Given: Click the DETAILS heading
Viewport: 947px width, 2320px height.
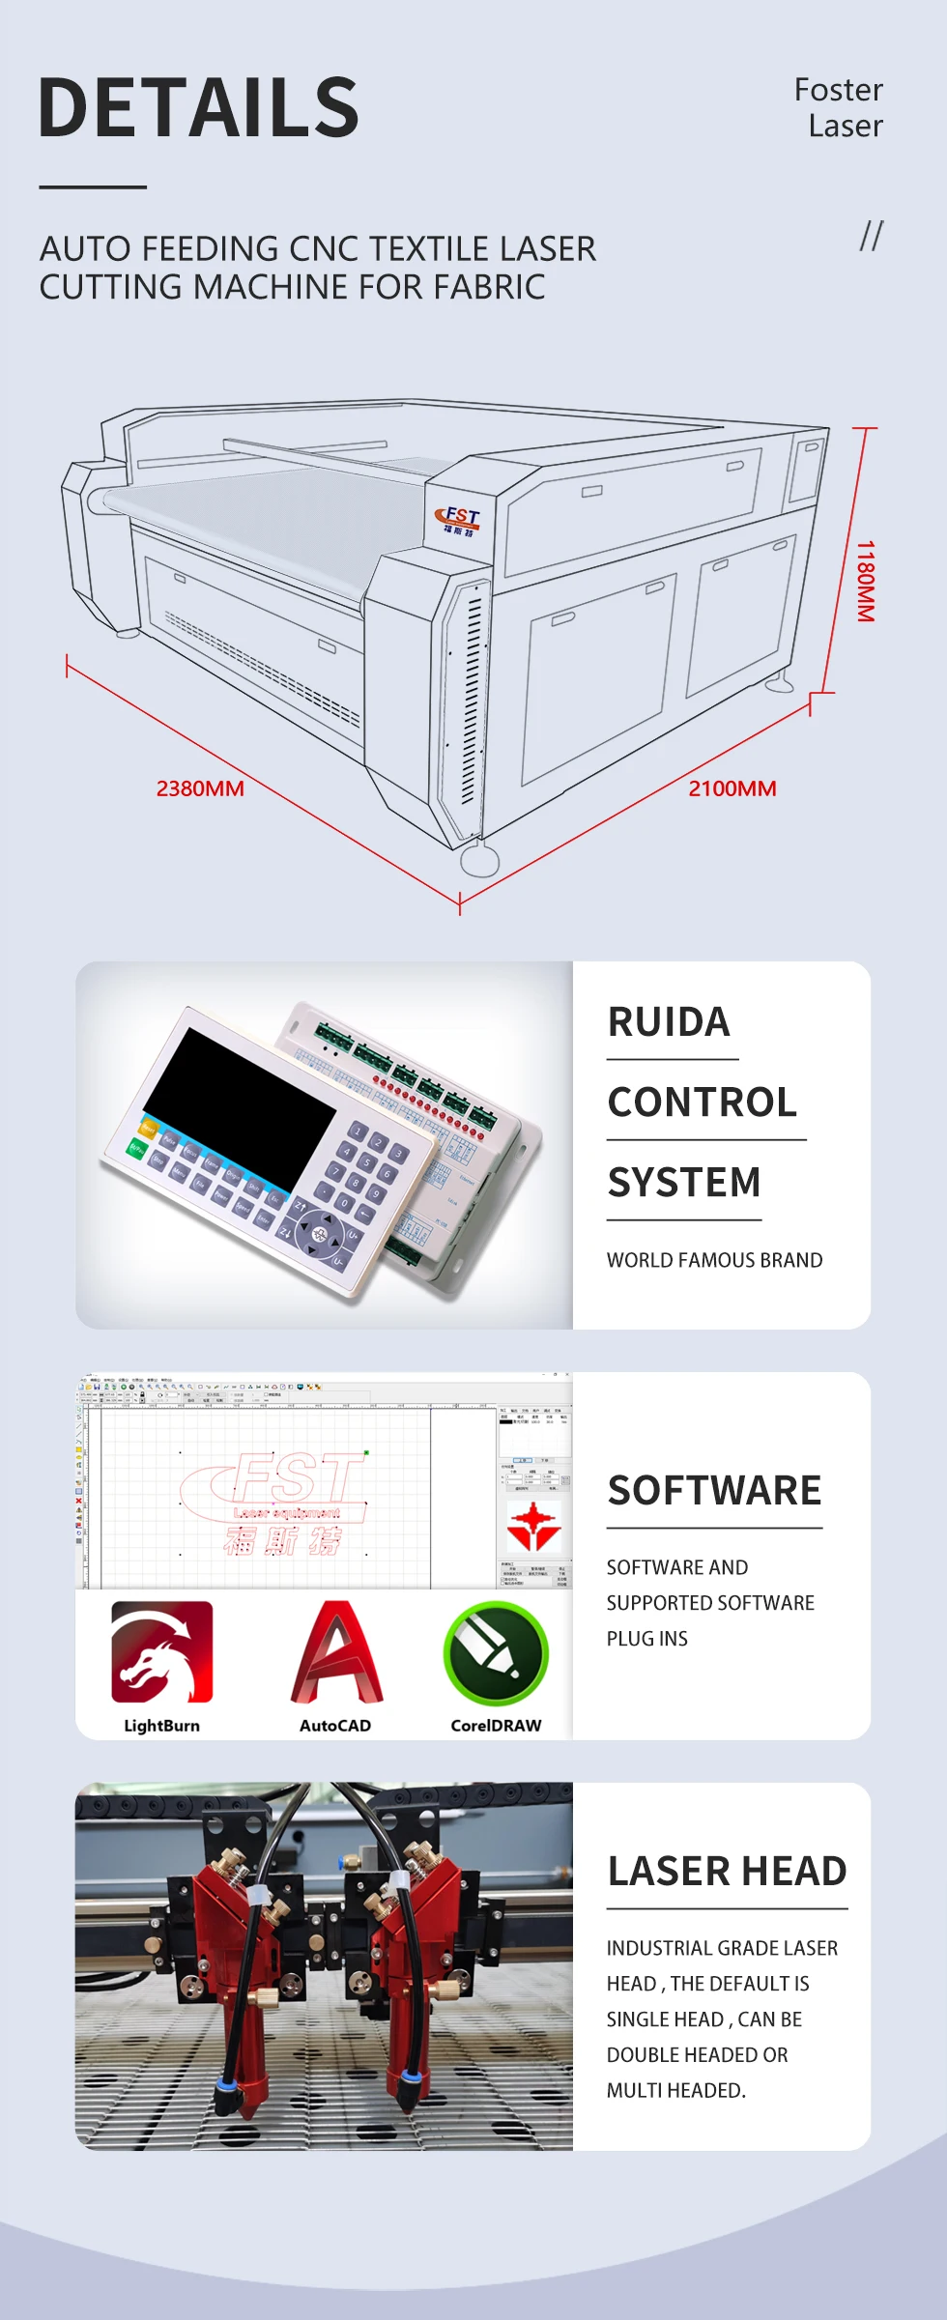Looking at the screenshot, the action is [198, 107].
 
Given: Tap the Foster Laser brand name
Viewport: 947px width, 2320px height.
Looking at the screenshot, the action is [839, 107].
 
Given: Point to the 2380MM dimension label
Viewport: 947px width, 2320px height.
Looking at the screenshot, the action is [200, 788].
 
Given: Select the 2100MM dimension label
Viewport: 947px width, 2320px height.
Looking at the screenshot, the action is [732, 788].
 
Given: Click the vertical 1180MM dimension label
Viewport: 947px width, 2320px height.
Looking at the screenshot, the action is [866, 581].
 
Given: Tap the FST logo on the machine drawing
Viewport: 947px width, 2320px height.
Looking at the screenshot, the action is [459, 521].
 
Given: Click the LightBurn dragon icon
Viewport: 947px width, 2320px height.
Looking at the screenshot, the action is [161, 1651].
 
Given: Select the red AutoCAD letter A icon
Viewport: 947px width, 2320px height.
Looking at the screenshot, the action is [336, 1651].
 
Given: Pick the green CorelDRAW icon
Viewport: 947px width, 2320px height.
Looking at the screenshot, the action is [496, 1653].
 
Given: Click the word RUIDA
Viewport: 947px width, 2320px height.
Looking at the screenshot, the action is [669, 1022].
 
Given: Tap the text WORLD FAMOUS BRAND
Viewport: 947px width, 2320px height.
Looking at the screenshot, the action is [714, 1260].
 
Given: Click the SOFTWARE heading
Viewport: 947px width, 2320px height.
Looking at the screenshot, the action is [714, 1491].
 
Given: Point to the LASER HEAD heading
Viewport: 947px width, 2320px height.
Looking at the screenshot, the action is [727, 1872].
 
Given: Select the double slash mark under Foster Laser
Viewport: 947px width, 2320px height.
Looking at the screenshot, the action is [871, 235].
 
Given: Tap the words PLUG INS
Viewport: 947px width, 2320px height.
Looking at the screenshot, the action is [646, 1639].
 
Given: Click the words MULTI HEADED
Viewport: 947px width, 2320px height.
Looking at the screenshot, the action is [675, 2090].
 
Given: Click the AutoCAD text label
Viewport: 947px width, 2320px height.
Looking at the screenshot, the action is [334, 1726].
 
